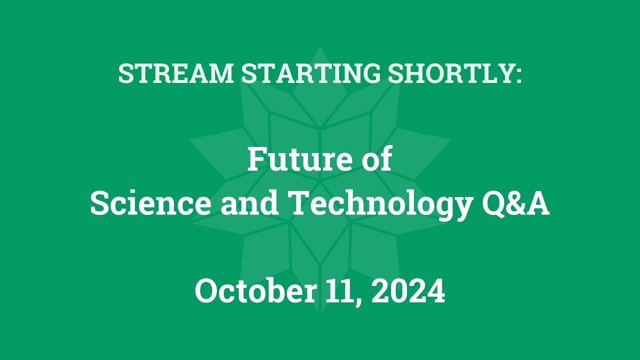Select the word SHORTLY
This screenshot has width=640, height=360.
click(x=449, y=74)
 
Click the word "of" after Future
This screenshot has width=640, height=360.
click(x=376, y=159)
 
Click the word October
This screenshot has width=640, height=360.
click(x=255, y=291)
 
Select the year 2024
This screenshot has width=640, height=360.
click(x=408, y=291)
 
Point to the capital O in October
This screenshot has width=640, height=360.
click(x=207, y=291)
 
